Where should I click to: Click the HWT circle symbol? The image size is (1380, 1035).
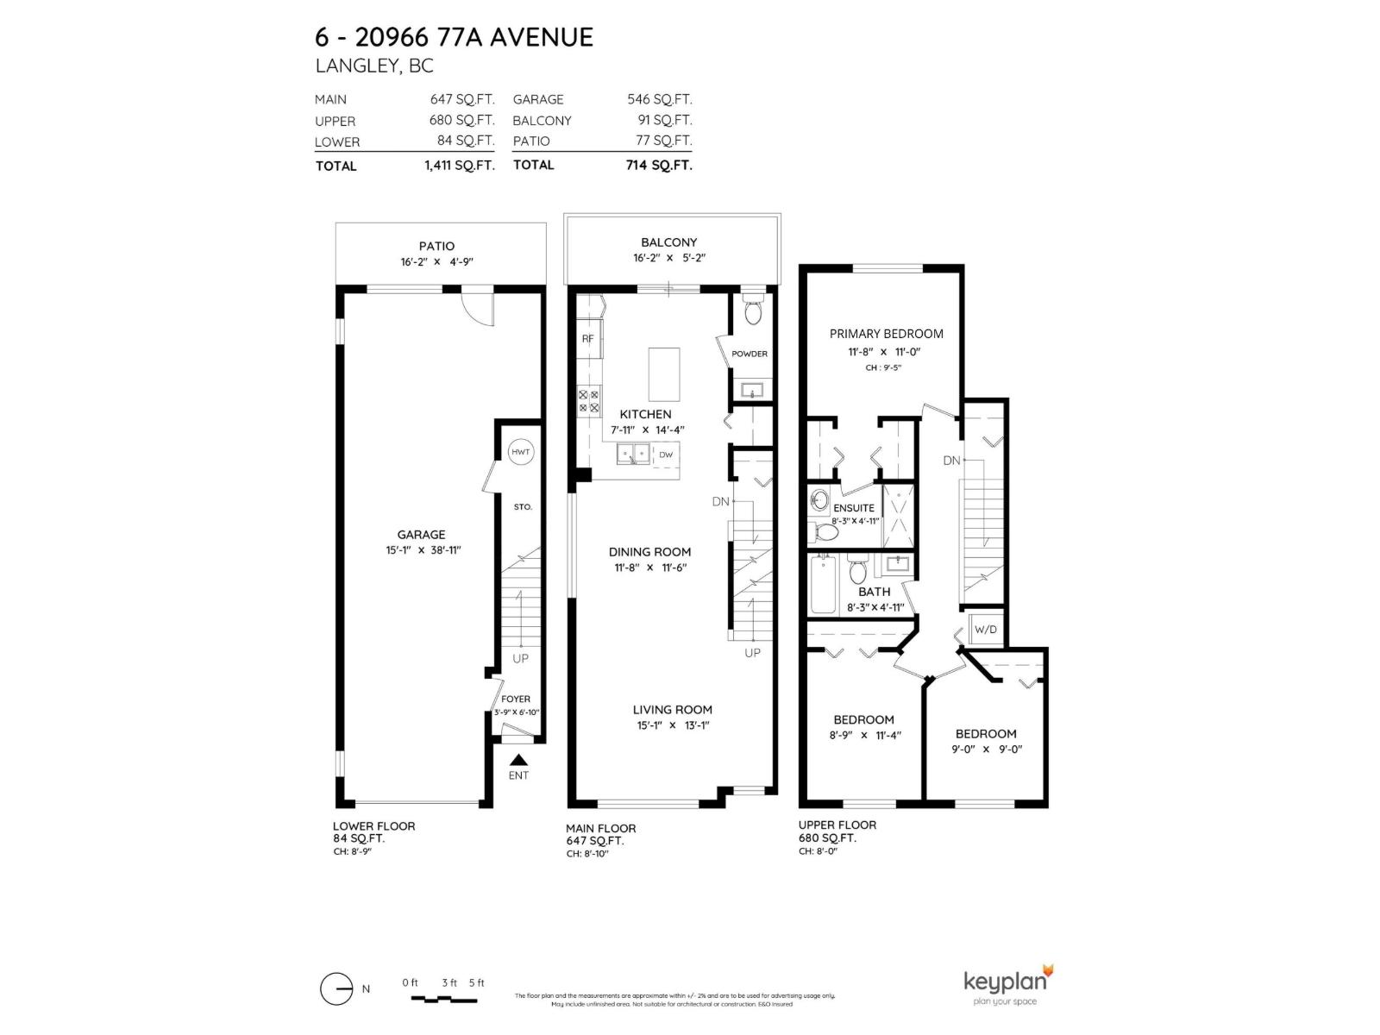pyautogui.click(x=521, y=452)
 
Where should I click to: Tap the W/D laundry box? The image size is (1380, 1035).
pyautogui.click(x=985, y=630)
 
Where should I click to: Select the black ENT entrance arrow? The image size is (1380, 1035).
pyautogui.click(x=518, y=760)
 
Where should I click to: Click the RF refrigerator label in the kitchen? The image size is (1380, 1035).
pyautogui.click(x=587, y=338)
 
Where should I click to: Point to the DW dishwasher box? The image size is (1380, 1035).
pyautogui.click(x=666, y=454)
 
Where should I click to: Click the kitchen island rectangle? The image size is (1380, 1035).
pyautogui.click(x=663, y=373)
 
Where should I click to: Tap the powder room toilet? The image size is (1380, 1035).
pyautogui.click(x=753, y=312)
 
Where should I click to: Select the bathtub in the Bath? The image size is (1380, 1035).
pyautogui.click(x=823, y=585)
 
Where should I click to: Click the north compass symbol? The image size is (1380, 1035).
pyautogui.click(x=336, y=988)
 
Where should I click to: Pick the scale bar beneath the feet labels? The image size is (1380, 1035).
pyautogui.click(x=443, y=999)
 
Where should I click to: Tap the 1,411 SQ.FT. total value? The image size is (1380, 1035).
pyautogui.click(x=459, y=166)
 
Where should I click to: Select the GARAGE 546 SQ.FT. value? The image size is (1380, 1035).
pyautogui.click(x=659, y=99)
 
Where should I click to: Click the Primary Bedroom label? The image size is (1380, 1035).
pyautogui.click(x=886, y=334)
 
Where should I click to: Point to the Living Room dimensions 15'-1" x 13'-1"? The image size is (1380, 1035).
pyautogui.click(x=673, y=725)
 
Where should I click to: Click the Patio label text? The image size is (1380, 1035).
pyautogui.click(x=436, y=246)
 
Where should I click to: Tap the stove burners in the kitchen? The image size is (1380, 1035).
pyautogui.click(x=588, y=401)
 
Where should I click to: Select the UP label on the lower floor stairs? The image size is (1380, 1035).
pyautogui.click(x=520, y=658)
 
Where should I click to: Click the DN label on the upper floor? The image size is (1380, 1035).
pyautogui.click(x=951, y=461)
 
